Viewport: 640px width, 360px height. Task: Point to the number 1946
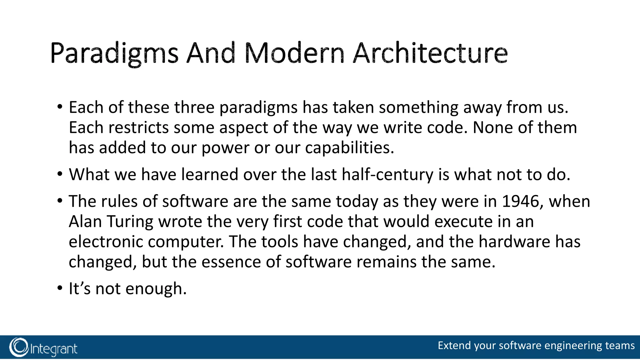(520, 201)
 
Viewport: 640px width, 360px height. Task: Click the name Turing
(130, 222)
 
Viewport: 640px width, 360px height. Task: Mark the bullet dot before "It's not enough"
(60, 288)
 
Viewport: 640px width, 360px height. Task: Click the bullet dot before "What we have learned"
(60, 174)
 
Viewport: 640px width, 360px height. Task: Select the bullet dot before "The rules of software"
(60, 201)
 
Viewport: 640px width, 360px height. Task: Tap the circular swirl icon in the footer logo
(19, 347)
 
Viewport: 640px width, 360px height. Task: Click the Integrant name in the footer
(54, 349)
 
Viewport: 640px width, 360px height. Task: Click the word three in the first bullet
(194, 107)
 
